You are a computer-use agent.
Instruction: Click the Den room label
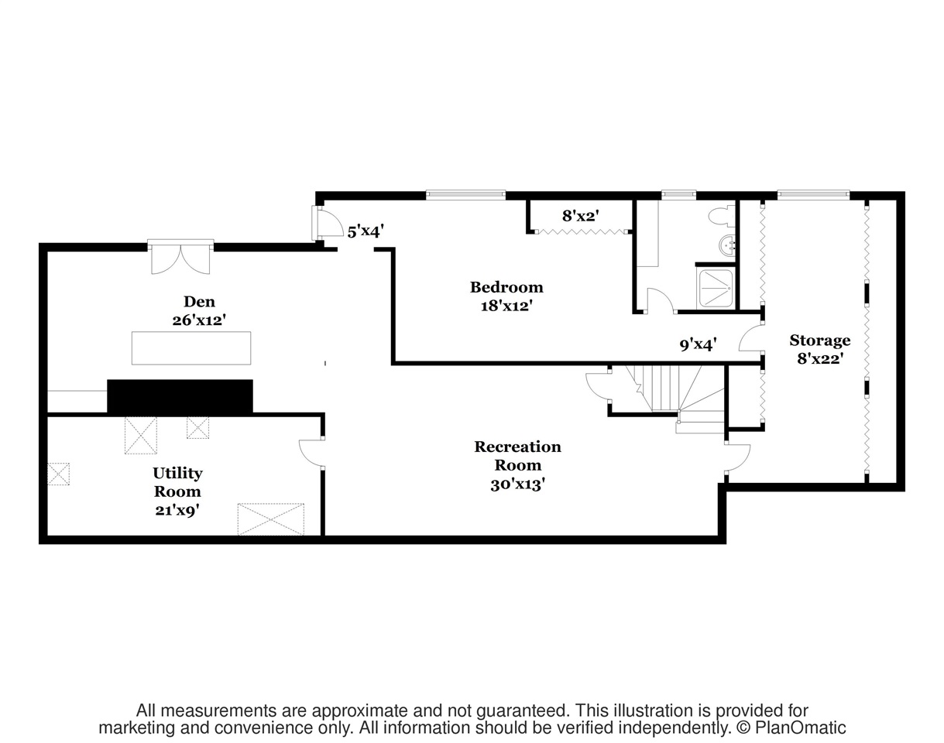[199, 302]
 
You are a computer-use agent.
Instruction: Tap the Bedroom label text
[506, 288]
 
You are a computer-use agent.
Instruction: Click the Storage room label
[819, 341]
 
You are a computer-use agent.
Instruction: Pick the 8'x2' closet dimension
[580, 217]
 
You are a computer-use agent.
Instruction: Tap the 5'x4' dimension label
[366, 231]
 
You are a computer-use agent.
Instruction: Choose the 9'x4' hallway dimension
[698, 344]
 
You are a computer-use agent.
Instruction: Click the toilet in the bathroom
[723, 214]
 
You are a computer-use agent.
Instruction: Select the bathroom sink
[728, 245]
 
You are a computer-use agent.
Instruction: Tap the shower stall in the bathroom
[715, 288]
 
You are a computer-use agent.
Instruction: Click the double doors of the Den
[180, 259]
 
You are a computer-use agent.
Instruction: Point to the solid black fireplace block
[180, 396]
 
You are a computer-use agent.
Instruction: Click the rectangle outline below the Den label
[191, 348]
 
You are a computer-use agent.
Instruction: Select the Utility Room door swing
[312, 453]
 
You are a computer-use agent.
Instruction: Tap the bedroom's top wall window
[465, 194]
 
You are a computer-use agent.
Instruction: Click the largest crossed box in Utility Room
[270, 519]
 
